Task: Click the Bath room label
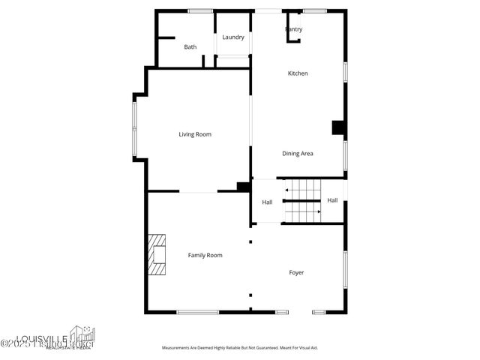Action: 190,47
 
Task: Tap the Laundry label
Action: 233,37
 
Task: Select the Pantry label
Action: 294,29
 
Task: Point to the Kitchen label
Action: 298,73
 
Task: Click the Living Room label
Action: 195,134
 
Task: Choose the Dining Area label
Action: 298,154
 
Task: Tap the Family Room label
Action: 205,256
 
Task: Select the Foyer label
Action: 296,272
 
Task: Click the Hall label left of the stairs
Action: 267,202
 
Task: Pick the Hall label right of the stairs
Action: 332,200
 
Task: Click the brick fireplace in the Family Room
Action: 157,255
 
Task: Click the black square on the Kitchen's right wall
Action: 338,127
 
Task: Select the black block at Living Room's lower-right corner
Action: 243,187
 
